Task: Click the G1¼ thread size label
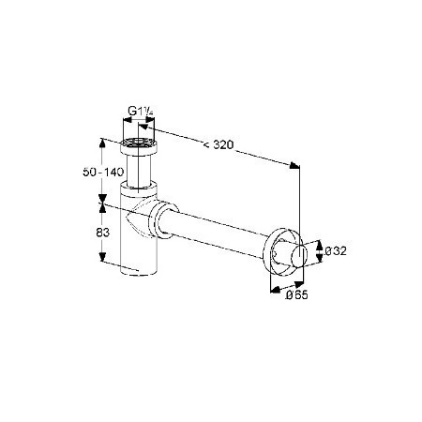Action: [x=141, y=111]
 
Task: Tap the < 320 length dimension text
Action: [x=219, y=144]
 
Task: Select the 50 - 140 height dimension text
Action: [x=103, y=172]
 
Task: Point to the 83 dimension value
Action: [x=103, y=233]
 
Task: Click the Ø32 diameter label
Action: [x=336, y=251]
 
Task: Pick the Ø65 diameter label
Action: [x=296, y=294]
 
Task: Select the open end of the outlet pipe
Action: [x=299, y=256]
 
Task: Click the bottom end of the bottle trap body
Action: [x=139, y=271]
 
